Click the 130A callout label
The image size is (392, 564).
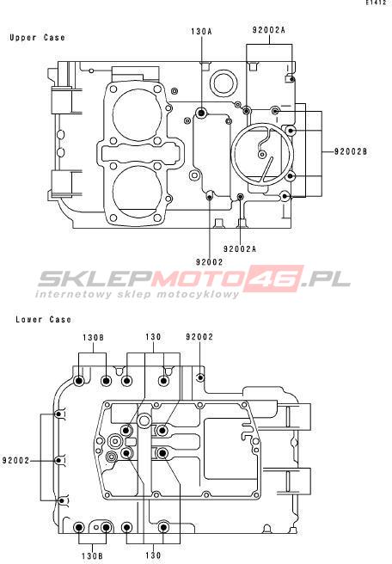tap(201, 31)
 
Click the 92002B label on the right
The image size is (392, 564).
tap(351, 151)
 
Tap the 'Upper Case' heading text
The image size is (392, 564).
tap(38, 38)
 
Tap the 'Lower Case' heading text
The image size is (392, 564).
tap(43, 319)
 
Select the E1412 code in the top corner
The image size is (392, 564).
tap(379, 3)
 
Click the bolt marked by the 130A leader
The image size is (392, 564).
tap(201, 114)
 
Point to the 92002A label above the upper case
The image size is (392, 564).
tap(269, 29)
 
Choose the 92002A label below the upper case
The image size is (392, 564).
tap(240, 248)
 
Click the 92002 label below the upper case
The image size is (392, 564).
tap(209, 262)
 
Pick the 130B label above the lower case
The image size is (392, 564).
tap(93, 337)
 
